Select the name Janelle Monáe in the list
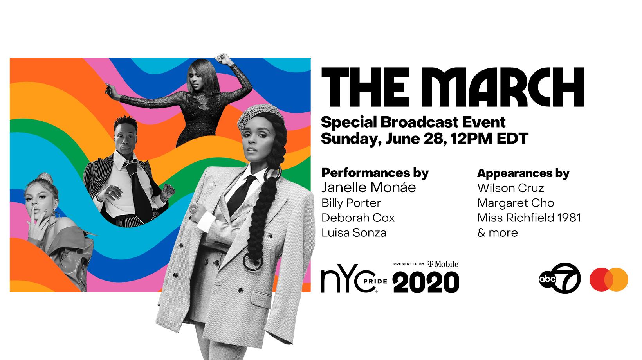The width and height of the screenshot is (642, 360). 369,187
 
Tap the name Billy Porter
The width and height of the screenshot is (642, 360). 351,203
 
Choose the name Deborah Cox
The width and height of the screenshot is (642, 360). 358,218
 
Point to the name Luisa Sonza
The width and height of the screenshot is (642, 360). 353,233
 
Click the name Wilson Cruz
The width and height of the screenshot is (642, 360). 510,188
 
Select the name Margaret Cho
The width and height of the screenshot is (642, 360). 516,203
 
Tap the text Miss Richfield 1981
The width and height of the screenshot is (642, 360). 529,218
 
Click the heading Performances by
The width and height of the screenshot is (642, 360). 375,173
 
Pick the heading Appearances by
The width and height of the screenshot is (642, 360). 523,174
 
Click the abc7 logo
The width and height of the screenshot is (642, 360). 560,278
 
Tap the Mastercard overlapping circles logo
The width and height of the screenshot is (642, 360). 609,279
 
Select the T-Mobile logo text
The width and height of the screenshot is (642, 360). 443,264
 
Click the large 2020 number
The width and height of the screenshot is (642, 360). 426,283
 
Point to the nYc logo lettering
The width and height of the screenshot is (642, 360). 348,278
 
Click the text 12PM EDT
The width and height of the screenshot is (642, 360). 489,139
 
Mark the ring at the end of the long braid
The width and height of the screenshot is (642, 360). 253,261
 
